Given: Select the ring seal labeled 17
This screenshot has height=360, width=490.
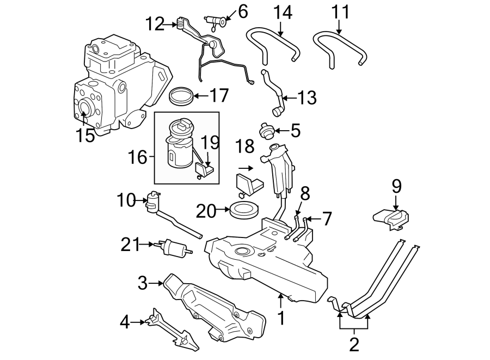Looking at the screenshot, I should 181,96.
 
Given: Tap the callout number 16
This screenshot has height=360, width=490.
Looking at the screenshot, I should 138,158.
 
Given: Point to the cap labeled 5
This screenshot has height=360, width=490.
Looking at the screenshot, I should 266,131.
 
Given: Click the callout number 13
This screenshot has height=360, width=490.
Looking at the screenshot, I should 307,99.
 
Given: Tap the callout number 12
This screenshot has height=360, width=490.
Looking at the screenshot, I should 154,24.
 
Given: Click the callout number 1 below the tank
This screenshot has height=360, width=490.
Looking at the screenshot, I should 281,318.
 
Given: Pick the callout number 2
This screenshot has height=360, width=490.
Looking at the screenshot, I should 354,344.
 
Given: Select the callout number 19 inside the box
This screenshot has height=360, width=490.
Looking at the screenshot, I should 210,143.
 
